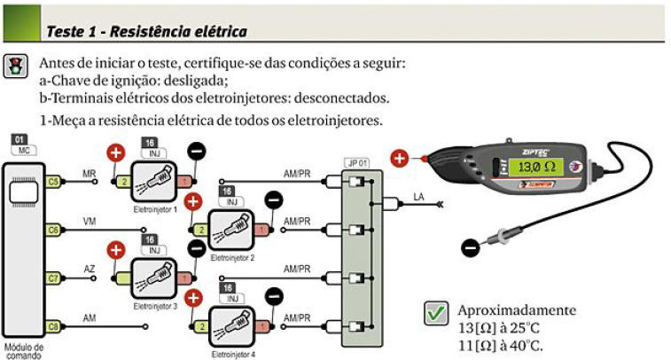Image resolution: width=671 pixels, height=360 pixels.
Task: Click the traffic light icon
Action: point(15,66)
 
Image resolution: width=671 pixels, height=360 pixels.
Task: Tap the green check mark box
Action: point(436,313)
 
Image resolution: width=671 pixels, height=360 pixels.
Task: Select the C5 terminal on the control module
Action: point(52,182)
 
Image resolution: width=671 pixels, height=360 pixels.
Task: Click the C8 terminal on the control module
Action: point(52,327)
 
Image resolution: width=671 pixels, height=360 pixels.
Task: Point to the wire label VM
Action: point(89,222)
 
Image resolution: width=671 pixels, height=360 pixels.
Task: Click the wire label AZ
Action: point(89,270)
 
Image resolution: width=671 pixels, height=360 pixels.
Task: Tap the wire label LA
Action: point(418,197)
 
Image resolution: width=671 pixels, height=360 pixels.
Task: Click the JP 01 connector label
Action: point(357,163)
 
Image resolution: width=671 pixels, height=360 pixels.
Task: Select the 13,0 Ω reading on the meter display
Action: point(536,167)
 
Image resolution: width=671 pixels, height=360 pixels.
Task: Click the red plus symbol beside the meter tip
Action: point(399,158)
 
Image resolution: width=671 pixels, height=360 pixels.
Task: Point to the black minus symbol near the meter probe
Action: point(470,248)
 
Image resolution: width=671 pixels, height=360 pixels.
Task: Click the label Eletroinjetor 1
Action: point(155,210)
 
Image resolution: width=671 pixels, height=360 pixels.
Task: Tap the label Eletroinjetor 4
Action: point(233,355)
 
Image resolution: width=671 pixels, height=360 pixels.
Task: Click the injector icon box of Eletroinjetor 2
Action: point(231,231)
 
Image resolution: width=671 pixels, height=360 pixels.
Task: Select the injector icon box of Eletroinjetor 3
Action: point(153,278)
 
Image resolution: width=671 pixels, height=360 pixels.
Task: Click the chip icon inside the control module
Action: point(24,192)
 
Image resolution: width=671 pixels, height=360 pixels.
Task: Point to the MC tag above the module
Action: point(24,150)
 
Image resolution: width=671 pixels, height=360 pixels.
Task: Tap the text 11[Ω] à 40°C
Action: point(500,346)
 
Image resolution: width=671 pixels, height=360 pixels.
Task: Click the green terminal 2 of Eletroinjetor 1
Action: point(124,182)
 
